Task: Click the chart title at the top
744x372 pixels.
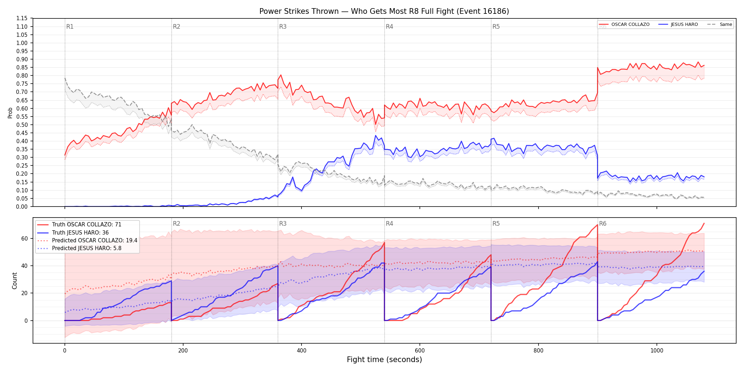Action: coord(384,11)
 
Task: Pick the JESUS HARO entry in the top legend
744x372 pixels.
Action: coord(678,24)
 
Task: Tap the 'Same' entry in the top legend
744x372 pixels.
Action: coord(720,24)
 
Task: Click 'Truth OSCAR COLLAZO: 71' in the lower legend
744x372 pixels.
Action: coord(86,225)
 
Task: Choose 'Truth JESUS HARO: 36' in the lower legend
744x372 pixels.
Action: coord(80,232)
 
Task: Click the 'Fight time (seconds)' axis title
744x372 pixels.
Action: coord(384,360)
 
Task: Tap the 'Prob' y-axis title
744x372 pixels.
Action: coord(10,113)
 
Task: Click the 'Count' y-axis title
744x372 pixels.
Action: coord(15,281)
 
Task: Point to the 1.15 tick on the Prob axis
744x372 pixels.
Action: coord(22,18)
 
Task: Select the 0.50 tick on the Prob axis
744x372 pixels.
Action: coord(22,125)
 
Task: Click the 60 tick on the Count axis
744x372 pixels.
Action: coord(24,239)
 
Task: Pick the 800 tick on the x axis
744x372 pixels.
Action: coord(538,351)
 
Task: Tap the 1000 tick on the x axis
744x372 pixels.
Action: coord(657,351)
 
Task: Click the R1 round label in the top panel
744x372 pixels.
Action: coord(70,27)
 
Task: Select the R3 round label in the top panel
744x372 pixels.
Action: coord(283,27)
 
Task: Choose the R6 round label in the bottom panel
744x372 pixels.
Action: coord(603,224)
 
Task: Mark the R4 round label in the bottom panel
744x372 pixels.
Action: coord(389,224)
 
